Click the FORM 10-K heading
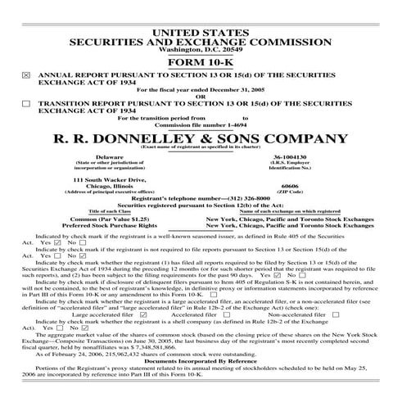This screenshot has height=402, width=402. (x=201, y=62)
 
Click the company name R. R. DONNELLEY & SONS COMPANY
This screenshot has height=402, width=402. (x=201, y=135)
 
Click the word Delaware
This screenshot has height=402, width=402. (x=109, y=156)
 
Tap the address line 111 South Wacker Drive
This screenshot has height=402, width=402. (x=109, y=178)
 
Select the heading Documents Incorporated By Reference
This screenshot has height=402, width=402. (x=201, y=360)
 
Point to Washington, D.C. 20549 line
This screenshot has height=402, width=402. (x=201, y=49)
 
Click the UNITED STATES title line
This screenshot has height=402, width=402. (x=201, y=30)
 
